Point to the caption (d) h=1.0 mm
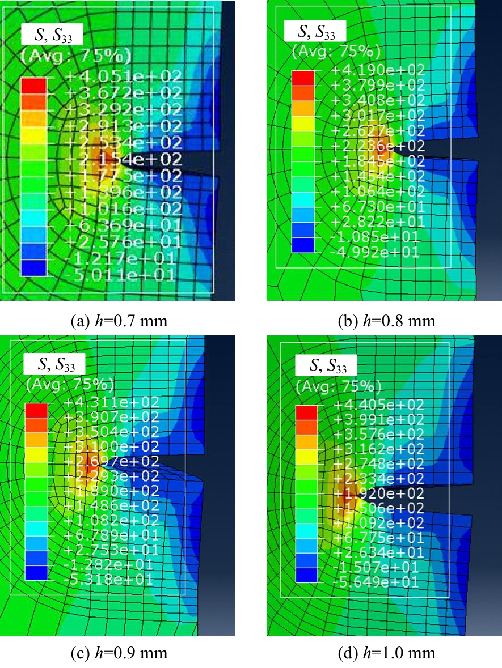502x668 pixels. tap(383, 653)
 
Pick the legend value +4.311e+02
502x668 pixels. tap(112, 403)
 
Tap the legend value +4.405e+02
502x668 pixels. tap(379, 405)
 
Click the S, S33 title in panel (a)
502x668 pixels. tap(52, 35)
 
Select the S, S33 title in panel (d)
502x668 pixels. tap(326, 367)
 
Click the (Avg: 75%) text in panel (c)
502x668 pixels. tap(70, 384)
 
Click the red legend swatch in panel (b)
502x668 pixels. tap(302, 78)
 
